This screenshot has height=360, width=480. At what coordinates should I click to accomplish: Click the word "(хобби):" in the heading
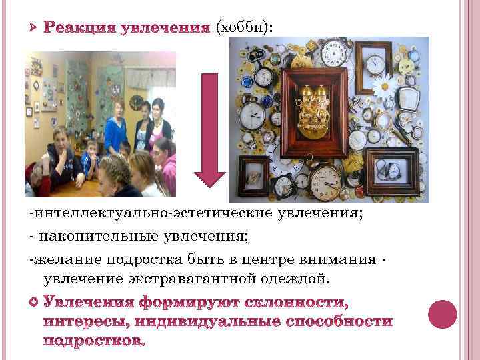(x=244, y=26)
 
